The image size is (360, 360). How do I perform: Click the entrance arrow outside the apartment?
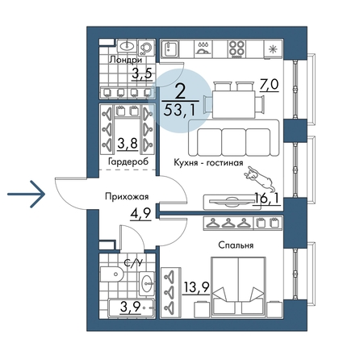tap(26, 194)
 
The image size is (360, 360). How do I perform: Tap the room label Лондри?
tap(125, 60)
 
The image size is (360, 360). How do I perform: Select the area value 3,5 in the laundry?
tap(142, 73)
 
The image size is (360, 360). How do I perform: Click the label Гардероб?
tap(128, 161)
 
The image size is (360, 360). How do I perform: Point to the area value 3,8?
tap(128, 143)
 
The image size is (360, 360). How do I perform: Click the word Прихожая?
tap(127, 197)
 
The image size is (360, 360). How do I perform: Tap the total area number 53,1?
tap(179, 111)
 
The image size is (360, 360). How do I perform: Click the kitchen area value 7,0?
tap(269, 85)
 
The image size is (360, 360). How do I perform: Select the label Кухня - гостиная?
tap(208, 163)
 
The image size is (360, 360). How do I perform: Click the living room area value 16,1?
tap(266, 199)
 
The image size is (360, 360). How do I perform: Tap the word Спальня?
tap(236, 245)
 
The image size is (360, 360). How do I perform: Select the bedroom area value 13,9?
tap(196, 288)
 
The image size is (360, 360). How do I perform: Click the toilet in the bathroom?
tap(111, 274)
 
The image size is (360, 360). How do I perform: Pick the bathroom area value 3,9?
tap(130, 307)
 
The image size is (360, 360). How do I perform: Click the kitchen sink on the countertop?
tap(170, 49)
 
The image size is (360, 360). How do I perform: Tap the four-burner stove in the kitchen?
tap(237, 49)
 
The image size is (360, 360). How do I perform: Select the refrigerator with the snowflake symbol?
tap(273, 49)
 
